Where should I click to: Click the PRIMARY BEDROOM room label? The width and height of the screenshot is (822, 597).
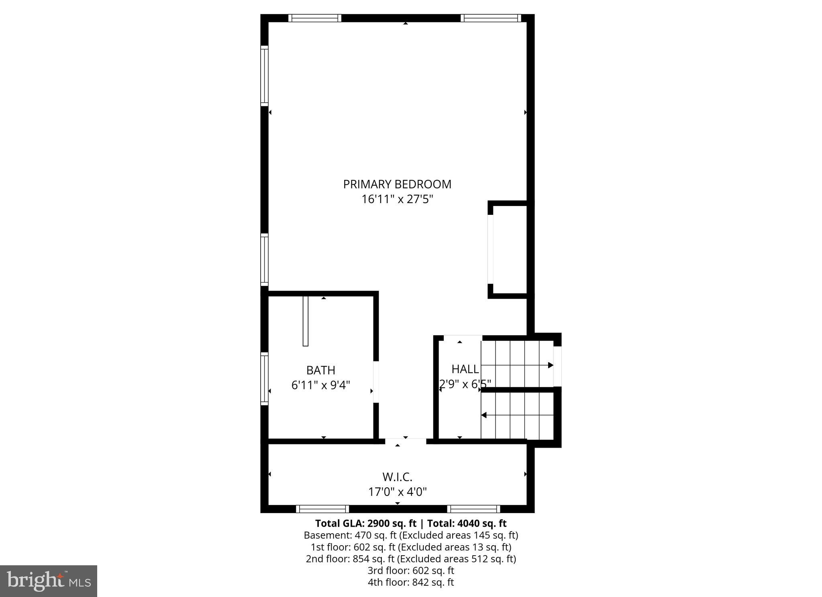[x=397, y=184]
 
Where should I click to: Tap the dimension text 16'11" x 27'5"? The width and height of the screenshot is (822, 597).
[x=397, y=199]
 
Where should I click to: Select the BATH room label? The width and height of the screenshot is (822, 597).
[x=320, y=370]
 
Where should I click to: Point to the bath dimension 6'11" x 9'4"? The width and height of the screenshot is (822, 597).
[x=320, y=385]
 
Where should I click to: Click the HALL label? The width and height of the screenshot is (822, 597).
[x=465, y=369]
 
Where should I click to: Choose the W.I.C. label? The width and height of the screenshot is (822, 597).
[x=397, y=477]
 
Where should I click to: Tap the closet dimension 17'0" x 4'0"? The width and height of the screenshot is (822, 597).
[x=397, y=491]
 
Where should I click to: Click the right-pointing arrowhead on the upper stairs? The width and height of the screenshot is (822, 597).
[x=551, y=365]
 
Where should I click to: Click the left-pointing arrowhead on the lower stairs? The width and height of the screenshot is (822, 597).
[x=484, y=415]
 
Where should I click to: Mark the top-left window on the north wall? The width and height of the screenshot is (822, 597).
[x=314, y=18]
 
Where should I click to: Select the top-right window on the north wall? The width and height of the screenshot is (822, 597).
[x=490, y=18]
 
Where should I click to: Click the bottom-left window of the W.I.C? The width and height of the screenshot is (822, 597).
[x=322, y=509]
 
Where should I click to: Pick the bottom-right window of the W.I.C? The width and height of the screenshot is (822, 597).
[x=473, y=509]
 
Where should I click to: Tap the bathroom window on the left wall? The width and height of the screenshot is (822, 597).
[x=264, y=378]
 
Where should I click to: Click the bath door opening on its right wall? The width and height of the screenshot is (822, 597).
[x=376, y=382]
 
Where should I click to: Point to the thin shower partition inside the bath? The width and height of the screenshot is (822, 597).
[x=305, y=321]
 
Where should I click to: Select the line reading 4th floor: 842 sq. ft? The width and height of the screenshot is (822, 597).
[x=410, y=582]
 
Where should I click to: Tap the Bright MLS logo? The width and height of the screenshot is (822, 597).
[x=49, y=581]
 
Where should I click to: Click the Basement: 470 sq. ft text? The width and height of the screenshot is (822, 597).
[x=350, y=535]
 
